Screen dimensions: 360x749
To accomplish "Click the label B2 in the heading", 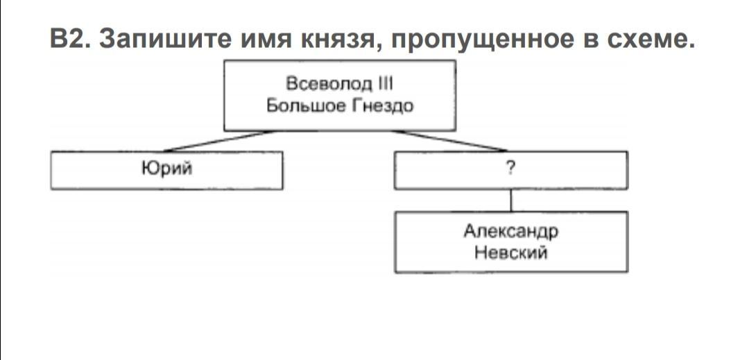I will [x=68, y=39].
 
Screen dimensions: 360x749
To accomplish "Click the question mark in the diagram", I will [x=511, y=168].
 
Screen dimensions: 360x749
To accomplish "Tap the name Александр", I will [x=511, y=231].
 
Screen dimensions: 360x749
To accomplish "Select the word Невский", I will [x=511, y=252].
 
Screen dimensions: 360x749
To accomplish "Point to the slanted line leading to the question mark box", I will [x=451, y=141].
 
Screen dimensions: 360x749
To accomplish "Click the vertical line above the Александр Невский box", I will [x=511, y=200].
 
